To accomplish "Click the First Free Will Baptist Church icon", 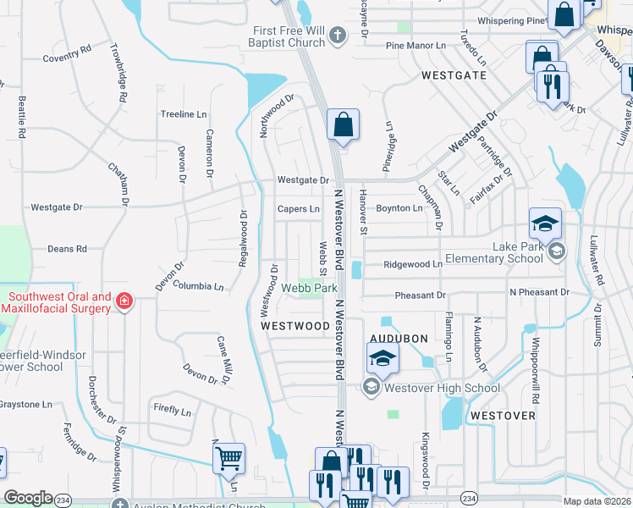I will click(338, 36).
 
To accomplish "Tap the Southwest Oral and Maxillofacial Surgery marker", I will click(124, 301).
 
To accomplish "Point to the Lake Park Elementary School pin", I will click(557, 250).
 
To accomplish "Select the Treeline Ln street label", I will click(184, 113).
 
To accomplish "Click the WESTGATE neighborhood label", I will click(454, 75).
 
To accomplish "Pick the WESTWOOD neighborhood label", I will click(294, 325).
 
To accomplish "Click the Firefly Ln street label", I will click(172, 411).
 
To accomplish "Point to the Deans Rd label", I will click(67, 249).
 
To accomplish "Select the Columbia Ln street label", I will click(198, 287).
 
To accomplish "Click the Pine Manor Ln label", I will click(415, 46).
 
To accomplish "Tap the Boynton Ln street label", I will click(399, 208).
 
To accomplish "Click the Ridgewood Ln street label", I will click(413, 264).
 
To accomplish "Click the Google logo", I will click(29, 498).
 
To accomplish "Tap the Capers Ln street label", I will click(299, 208).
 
